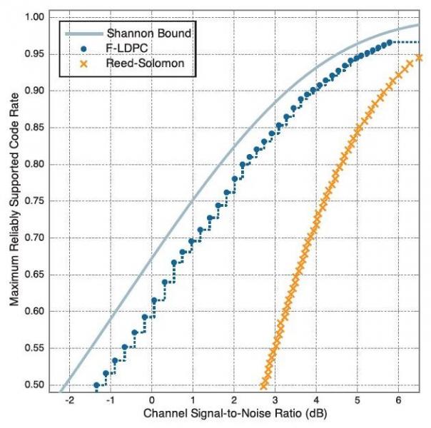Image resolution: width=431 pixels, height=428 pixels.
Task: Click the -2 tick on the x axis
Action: (x=69, y=402)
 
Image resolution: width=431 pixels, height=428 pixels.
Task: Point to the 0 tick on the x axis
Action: (x=152, y=402)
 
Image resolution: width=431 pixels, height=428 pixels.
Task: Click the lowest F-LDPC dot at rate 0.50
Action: (x=97, y=385)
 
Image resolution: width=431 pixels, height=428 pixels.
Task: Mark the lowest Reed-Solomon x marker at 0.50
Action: (x=264, y=385)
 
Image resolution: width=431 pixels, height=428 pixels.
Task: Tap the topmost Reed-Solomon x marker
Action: (x=420, y=57)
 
